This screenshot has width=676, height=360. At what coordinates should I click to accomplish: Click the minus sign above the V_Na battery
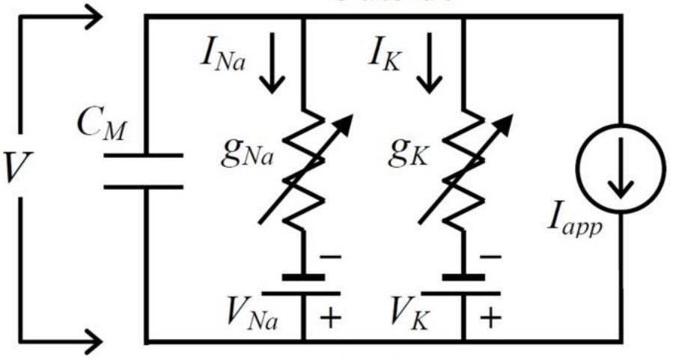click(330, 257)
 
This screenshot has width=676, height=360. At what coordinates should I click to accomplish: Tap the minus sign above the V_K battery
click(490, 257)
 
